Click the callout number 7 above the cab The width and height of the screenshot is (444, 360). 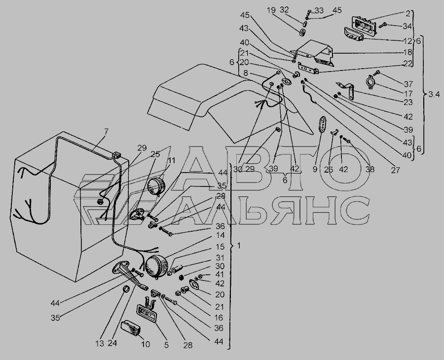click(106, 132)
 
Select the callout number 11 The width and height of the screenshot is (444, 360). click(172, 161)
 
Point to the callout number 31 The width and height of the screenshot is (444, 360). click(220, 258)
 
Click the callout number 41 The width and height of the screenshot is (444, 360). click(220, 275)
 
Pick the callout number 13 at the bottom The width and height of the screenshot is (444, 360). click(100, 344)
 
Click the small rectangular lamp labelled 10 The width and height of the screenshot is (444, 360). click(131, 328)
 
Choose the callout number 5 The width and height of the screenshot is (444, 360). click(166, 345)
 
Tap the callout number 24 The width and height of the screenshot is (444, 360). click(112, 343)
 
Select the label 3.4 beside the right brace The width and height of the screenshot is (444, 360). click(434, 94)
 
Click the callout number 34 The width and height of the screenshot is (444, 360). click(407, 26)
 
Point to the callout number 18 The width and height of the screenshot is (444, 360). click(408, 52)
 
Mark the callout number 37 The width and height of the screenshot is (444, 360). click(408, 84)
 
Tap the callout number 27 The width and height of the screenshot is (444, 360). click(395, 170)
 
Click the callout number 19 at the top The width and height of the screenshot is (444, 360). click(271, 10)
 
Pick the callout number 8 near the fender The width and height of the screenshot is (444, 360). click(246, 73)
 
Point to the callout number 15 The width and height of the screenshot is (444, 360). click(220, 247)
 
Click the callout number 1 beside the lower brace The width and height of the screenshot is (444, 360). click(239, 246)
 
